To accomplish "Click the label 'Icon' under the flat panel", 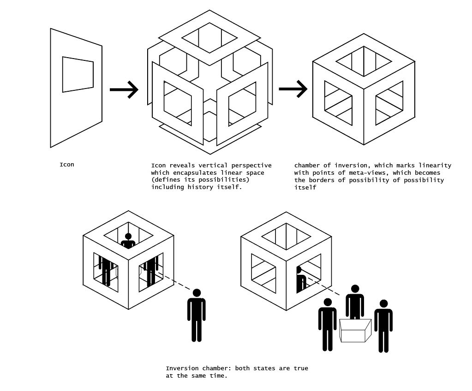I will (x=66, y=165).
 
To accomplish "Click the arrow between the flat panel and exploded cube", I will (x=124, y=89).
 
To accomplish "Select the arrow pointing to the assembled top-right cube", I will (x=293, y=89).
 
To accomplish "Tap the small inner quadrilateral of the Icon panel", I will (x=78, y=74).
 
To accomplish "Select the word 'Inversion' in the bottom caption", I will (x=182, y=368).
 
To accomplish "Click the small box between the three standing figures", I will (x=355, y=331).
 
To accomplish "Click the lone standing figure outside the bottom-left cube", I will (x=197, y=315).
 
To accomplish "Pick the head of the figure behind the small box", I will (x=355, y=289).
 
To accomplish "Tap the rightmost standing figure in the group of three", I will (x=383, y=325).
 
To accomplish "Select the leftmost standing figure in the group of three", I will (x=328, y=324).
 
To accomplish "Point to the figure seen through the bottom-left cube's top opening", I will (x=128, y=241).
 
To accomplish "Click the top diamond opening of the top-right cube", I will (x=364, y=61).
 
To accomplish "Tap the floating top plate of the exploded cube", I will (x=209, y=38).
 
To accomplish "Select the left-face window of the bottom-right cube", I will (x=263, y=273).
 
